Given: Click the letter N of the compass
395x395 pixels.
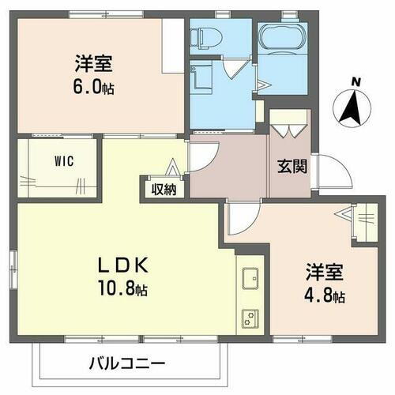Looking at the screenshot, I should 356,81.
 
